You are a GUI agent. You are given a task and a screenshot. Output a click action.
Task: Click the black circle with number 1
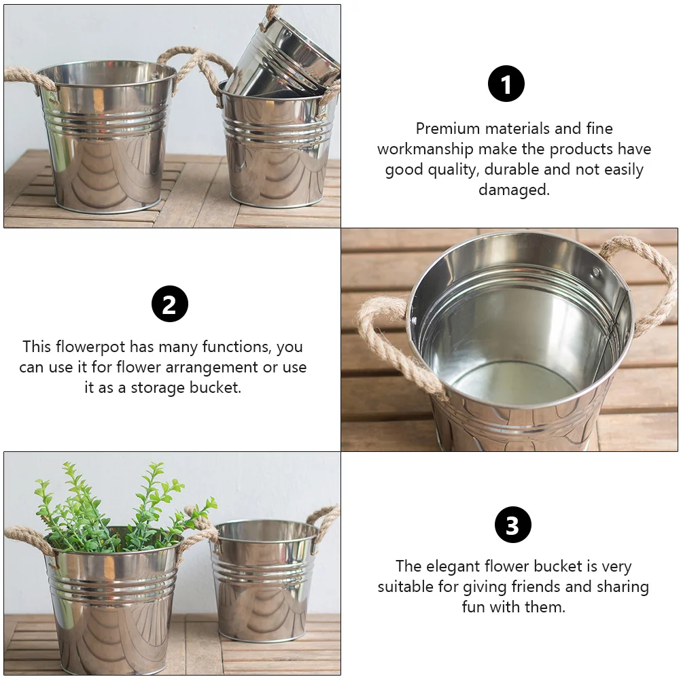[506, 84]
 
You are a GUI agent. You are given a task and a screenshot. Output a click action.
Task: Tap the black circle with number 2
[169, 304]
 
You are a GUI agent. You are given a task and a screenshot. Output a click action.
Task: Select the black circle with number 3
[512, 525]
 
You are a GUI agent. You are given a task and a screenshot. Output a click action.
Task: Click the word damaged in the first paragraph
[514, 190]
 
